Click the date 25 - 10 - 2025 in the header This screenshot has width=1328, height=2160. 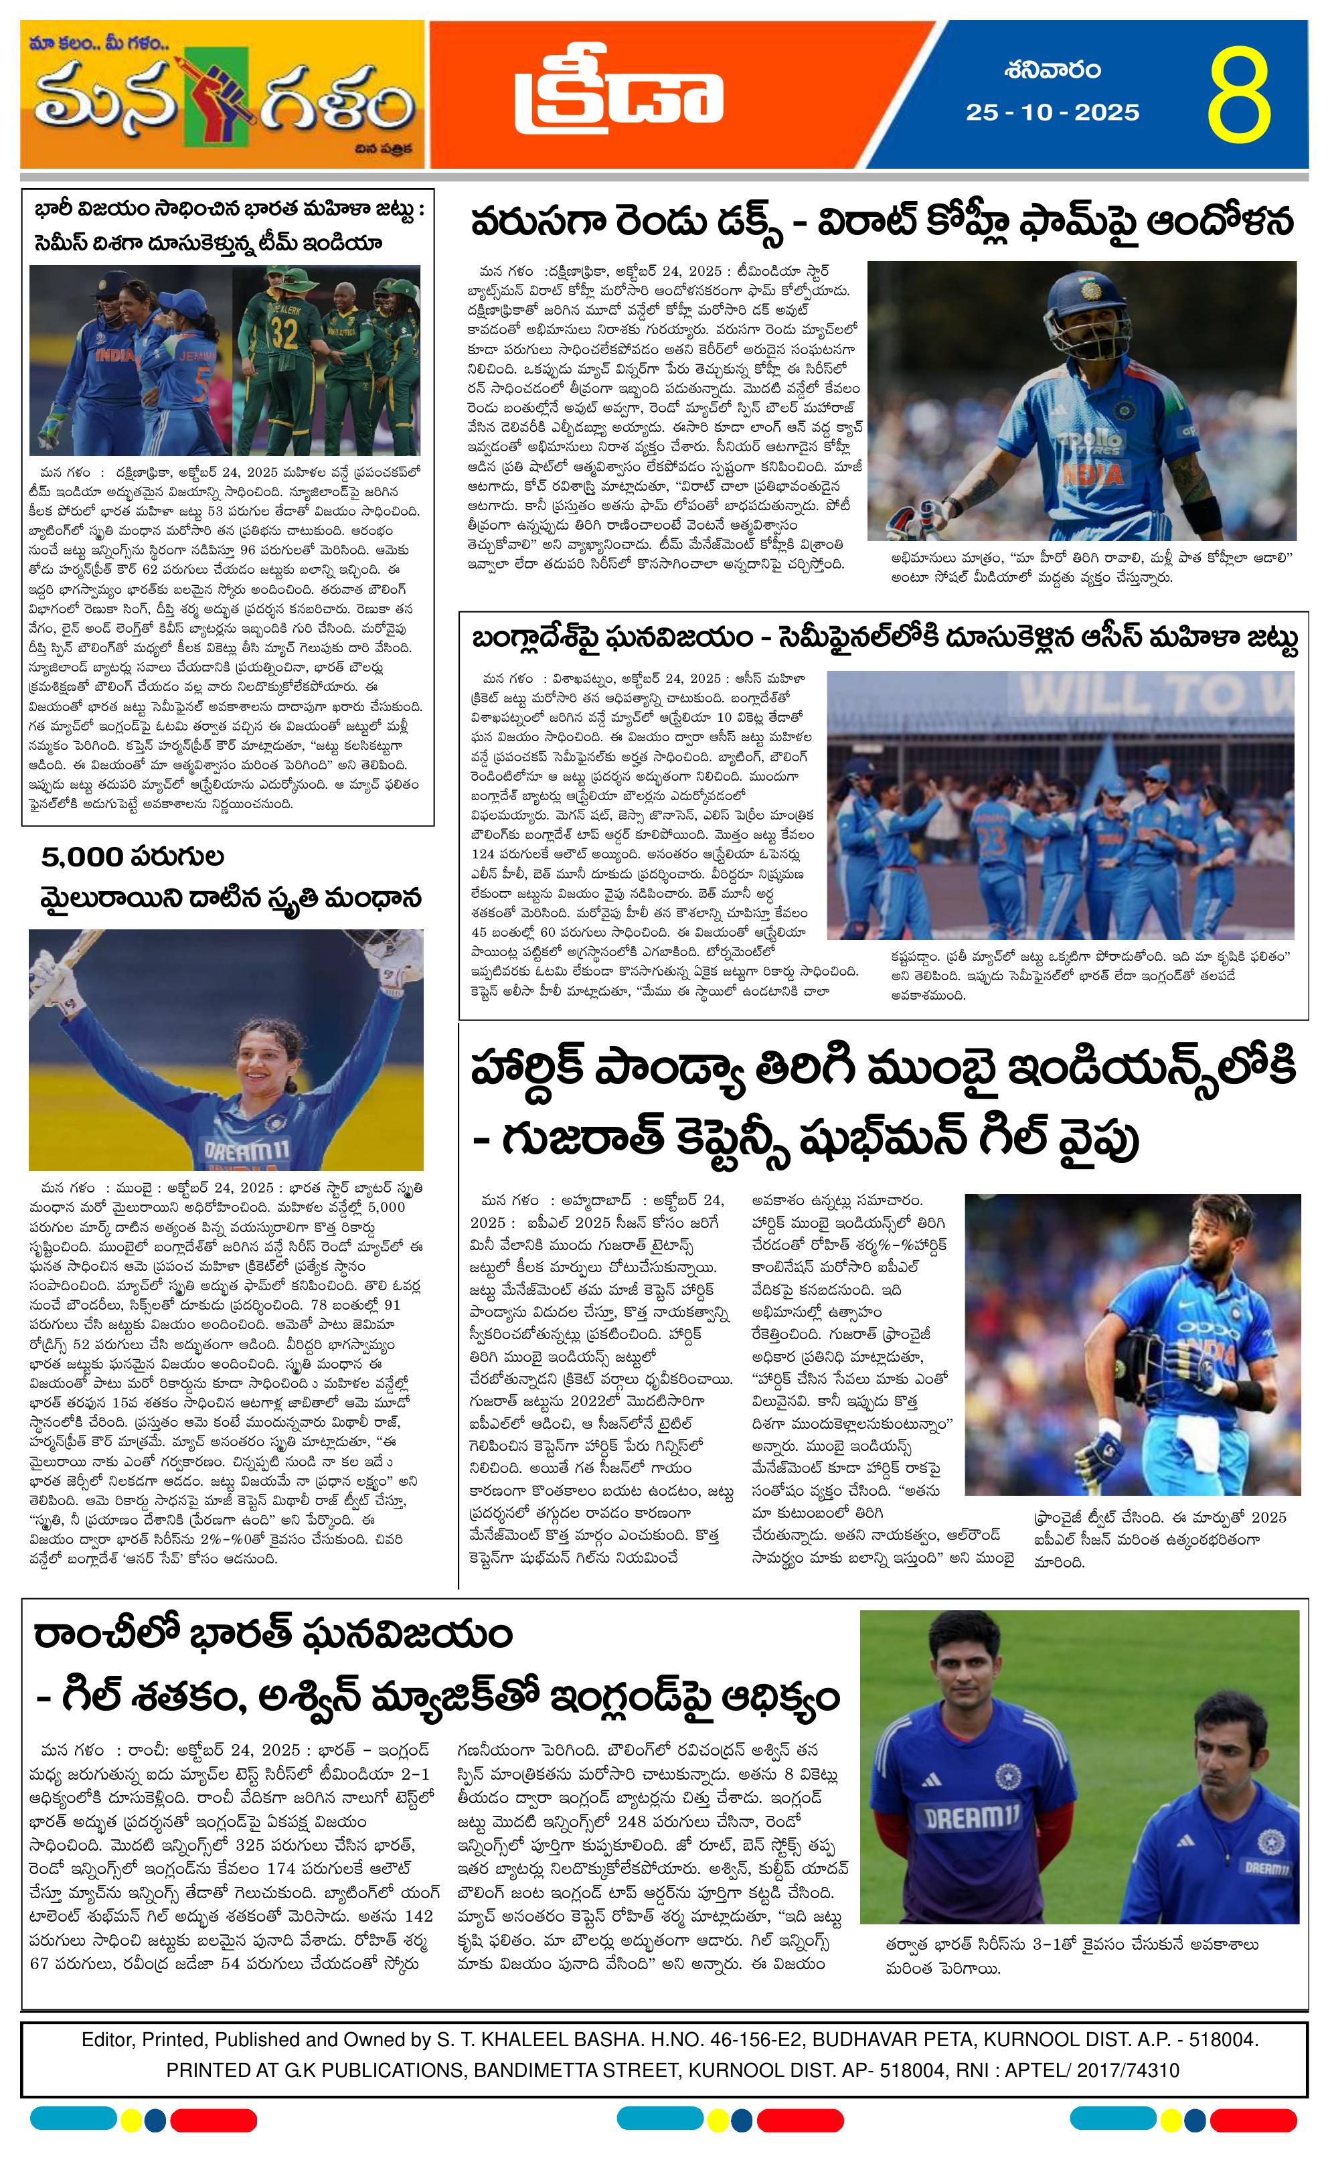pyautogui.click(x=1052, y=112)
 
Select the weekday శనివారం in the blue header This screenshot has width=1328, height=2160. pyautogui.click(x=1052, y=70)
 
